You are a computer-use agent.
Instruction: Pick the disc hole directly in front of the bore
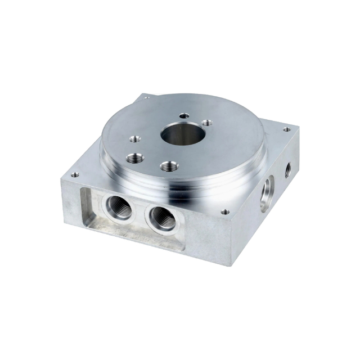[168, 166]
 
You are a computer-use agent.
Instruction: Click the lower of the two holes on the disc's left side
[134, 159]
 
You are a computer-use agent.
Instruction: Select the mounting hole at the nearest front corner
[226, 212]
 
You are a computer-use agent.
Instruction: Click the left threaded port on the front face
[119, 209]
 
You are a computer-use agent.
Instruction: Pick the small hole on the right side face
[288, 168]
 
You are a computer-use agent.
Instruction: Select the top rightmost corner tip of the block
[299, 127]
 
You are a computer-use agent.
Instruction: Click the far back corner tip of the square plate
[143, 93]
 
